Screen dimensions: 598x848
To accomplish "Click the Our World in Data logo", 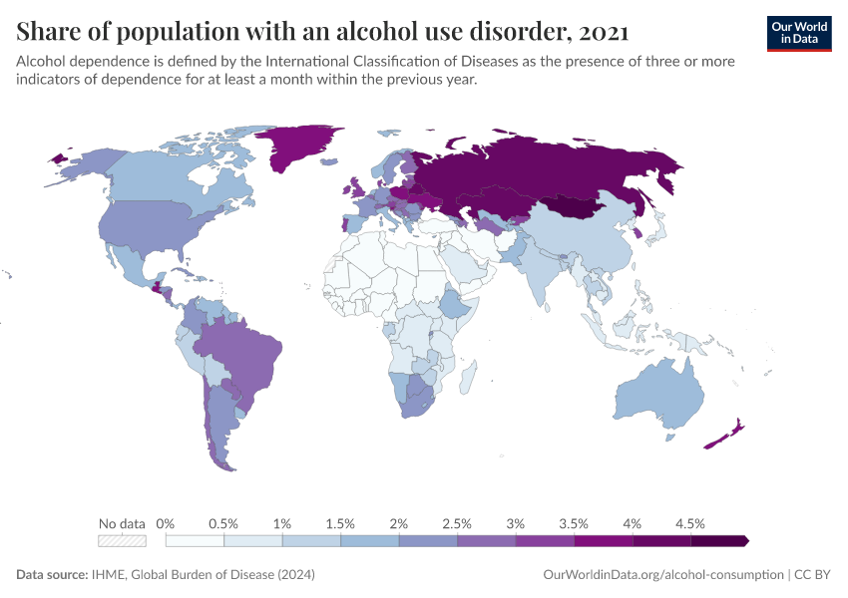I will coord(799,33).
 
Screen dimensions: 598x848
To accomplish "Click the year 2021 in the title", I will coord(603,31).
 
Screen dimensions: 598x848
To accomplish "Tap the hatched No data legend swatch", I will coord(122,541).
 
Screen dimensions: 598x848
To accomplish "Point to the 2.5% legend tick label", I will coord(457,523).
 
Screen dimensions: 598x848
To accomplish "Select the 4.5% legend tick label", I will coord(689,523).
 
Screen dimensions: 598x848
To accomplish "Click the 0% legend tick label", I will coord(166,523).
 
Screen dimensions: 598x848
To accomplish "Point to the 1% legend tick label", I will coord(282,523).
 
